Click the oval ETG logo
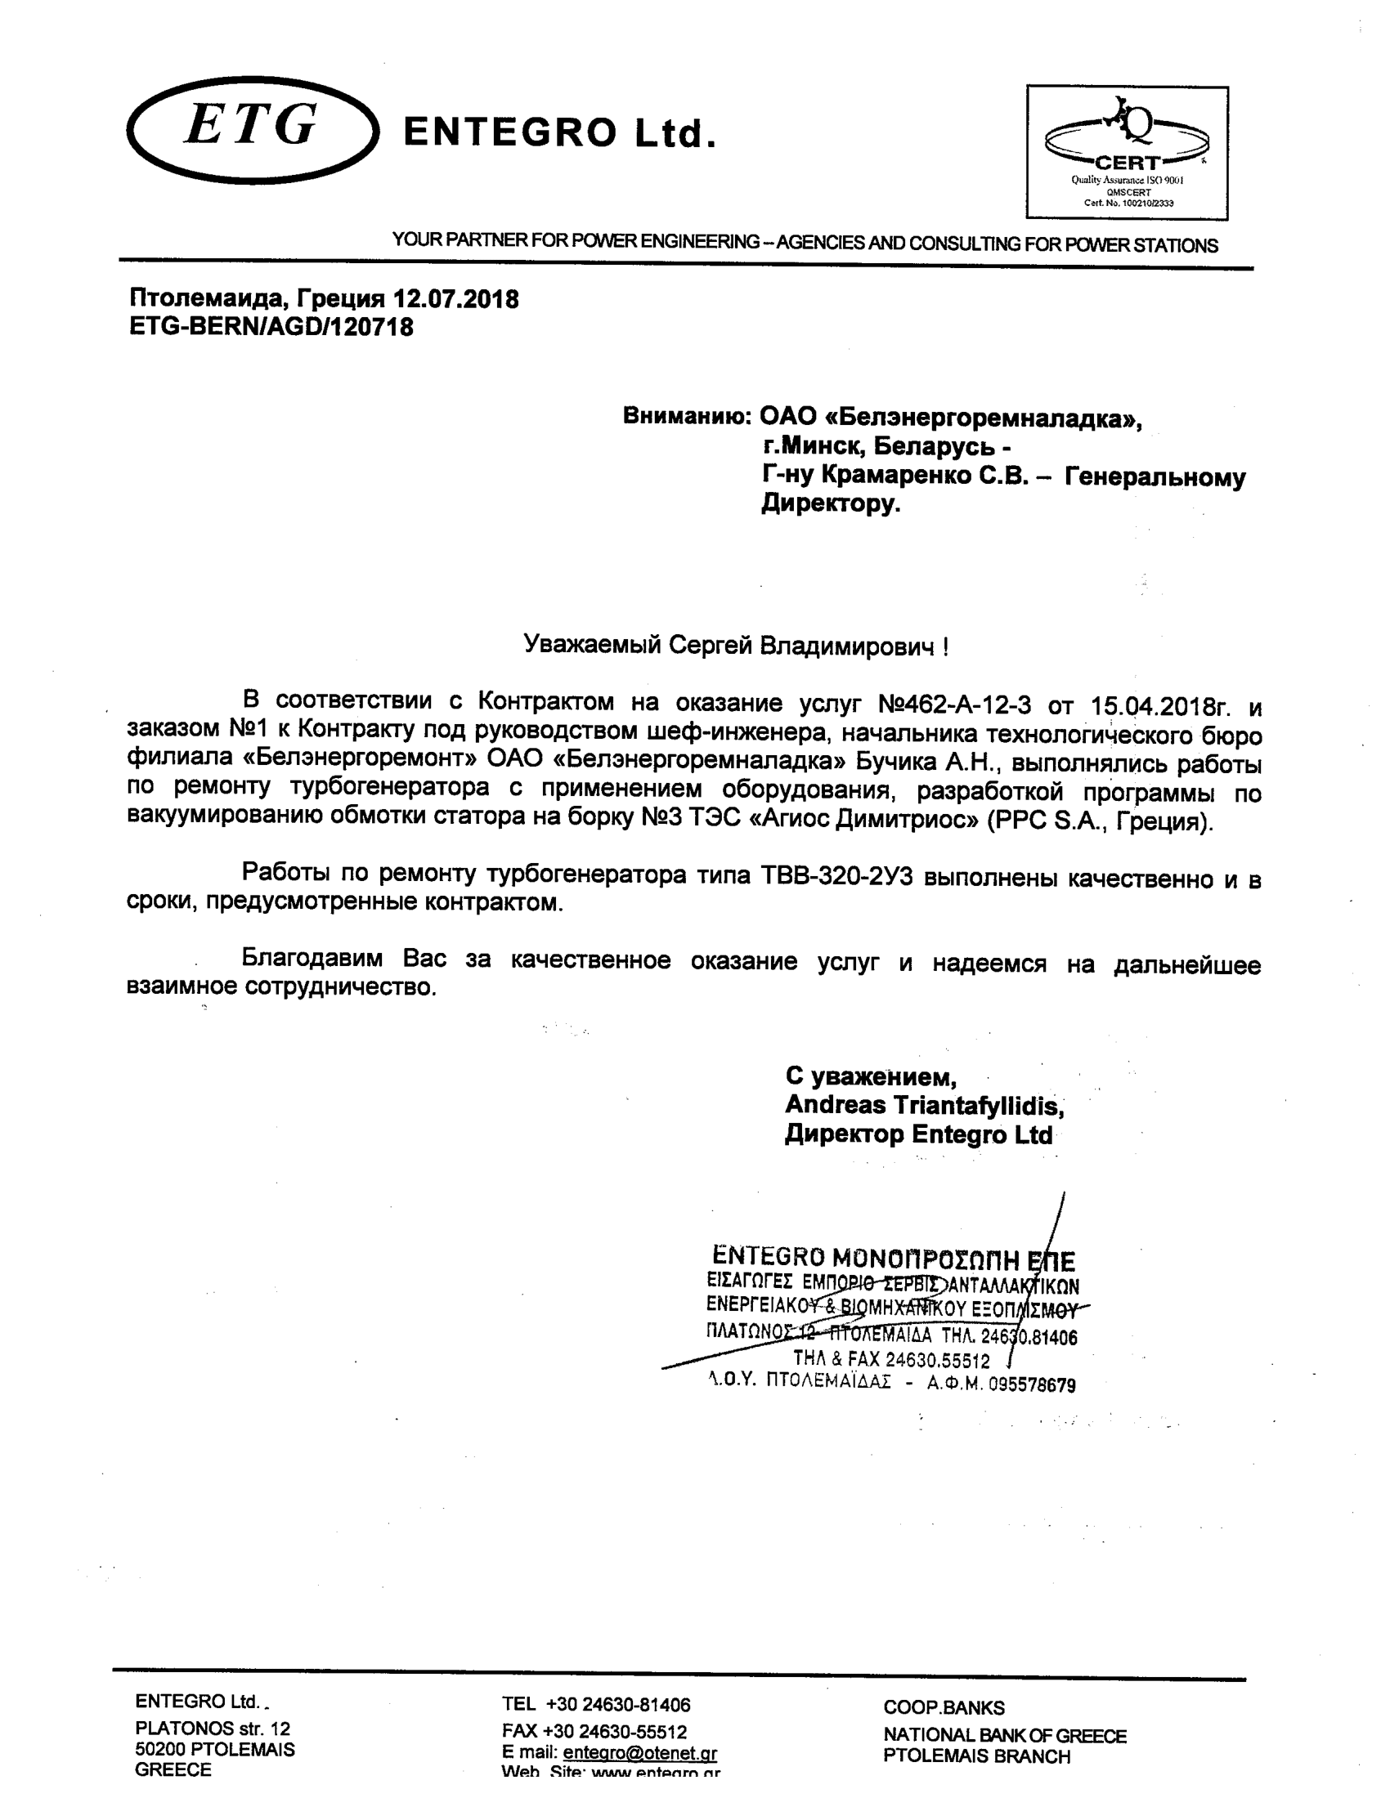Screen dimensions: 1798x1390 [x=253, y=129]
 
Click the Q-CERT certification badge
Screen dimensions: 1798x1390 [x=1127, y=152]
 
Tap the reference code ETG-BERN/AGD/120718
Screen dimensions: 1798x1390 [x=271, y=327]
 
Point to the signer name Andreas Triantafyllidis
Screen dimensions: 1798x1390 [x=924, y=1105]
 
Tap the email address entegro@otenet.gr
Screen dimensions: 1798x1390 [x=640, y=1753]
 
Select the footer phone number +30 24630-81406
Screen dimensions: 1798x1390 [x=617, y=1704]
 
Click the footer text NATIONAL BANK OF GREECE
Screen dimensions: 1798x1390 [x=1005, y=1735]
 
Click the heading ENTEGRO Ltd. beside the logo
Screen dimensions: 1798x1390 [x=559, y=132]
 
